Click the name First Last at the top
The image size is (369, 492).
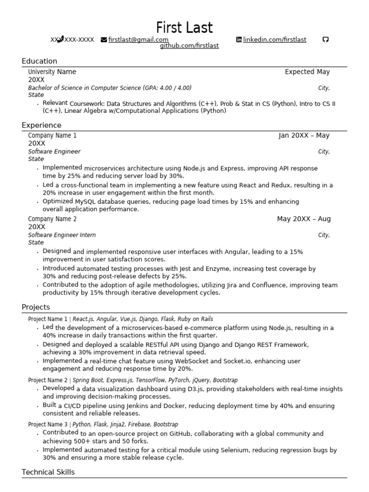pos(184,27)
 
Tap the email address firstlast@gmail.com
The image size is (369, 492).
pos(138,40)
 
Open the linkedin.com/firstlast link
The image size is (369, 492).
pos(274,40)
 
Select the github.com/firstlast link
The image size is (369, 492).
pos(189,46)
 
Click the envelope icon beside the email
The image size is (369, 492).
pos(104,40)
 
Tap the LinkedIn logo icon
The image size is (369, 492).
pos(239,40)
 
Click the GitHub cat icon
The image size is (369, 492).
pos(325,40)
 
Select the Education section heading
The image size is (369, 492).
pos(39,61)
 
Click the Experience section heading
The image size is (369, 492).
pos(41,125)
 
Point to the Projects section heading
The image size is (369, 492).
pos(36,307)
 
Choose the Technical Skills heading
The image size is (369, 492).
pos(48,472)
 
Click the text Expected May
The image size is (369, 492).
pos(307,72)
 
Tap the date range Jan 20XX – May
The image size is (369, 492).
pos(304,135)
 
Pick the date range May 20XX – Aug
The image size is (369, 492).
pos(304,219)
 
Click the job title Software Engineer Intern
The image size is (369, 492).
pos(62,235)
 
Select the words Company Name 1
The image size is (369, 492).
pos(52,135)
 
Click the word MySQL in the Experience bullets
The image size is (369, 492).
pos(86,202)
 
